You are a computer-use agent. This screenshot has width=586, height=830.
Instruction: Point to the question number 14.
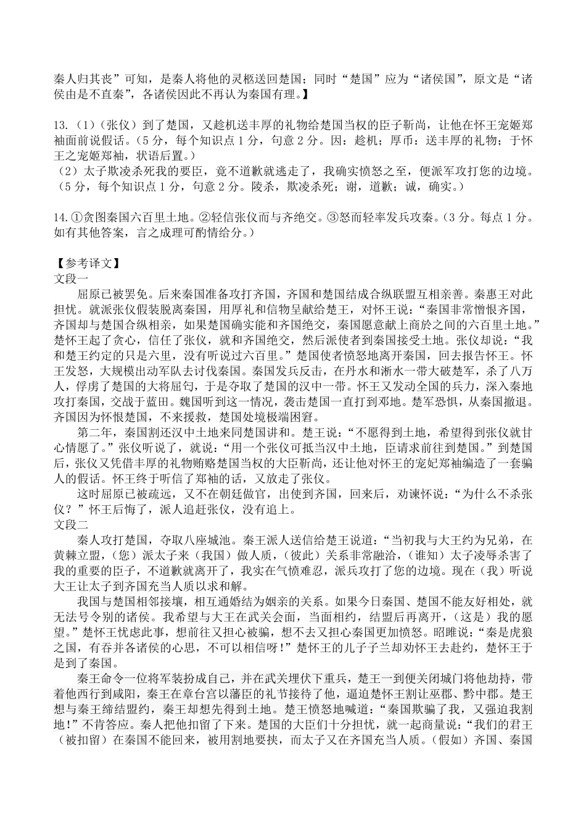coord(62,217)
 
